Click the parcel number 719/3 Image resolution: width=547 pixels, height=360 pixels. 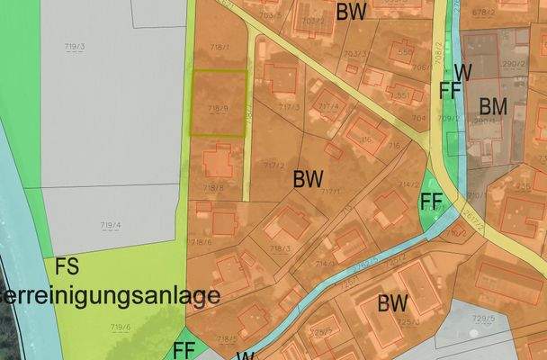tap(74, 46)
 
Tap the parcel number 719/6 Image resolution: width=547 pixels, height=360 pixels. tap(121, 328)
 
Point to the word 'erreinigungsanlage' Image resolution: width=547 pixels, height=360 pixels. tap(110, 294)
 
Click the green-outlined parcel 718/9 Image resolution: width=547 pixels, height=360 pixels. tap(218, 103)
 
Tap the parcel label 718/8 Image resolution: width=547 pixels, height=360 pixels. tap(213, 187)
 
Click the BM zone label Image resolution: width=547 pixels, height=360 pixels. tap(492, 106)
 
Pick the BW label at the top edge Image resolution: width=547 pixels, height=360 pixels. tap(352, 12)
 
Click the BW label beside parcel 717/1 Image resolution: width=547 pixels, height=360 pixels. tap(308, 178)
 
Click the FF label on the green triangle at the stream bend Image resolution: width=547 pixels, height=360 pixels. tap(433, 200)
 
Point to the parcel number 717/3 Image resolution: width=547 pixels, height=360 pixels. tap(289, 107)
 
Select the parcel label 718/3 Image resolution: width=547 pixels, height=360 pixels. tap(280, 247)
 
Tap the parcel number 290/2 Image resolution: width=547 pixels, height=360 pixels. tap(514, 64)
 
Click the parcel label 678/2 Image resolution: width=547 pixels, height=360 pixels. tap(508, 12)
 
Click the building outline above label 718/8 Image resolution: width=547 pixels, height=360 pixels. tap(217, 162)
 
